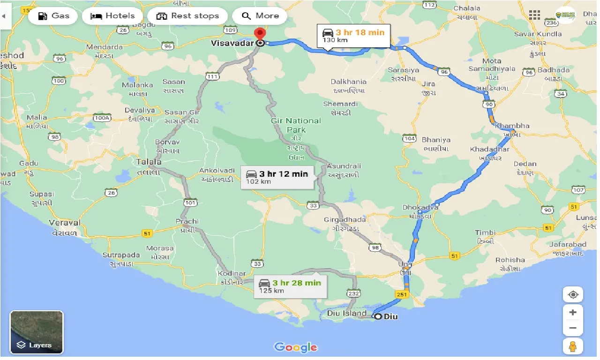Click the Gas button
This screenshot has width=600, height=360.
tap(53, 16)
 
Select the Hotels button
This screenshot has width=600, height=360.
tap(112, 16)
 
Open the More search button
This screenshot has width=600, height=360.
tap(260, 16)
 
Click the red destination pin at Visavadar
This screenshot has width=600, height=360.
tap(259, 35)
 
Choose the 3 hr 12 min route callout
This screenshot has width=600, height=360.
tap(277, 177)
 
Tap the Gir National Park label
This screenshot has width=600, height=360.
tap(296, 125)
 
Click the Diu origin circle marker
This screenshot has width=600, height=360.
tap(378, 316)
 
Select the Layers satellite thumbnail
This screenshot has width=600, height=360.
tap(37, 332)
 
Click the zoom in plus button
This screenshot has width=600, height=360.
tap(573, 312)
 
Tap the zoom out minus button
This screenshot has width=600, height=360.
tap(573, 328)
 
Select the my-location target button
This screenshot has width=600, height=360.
tap(573, 295)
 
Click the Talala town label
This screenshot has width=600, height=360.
tap(149, 162)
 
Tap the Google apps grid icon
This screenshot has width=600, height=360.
tap(534, 15)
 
